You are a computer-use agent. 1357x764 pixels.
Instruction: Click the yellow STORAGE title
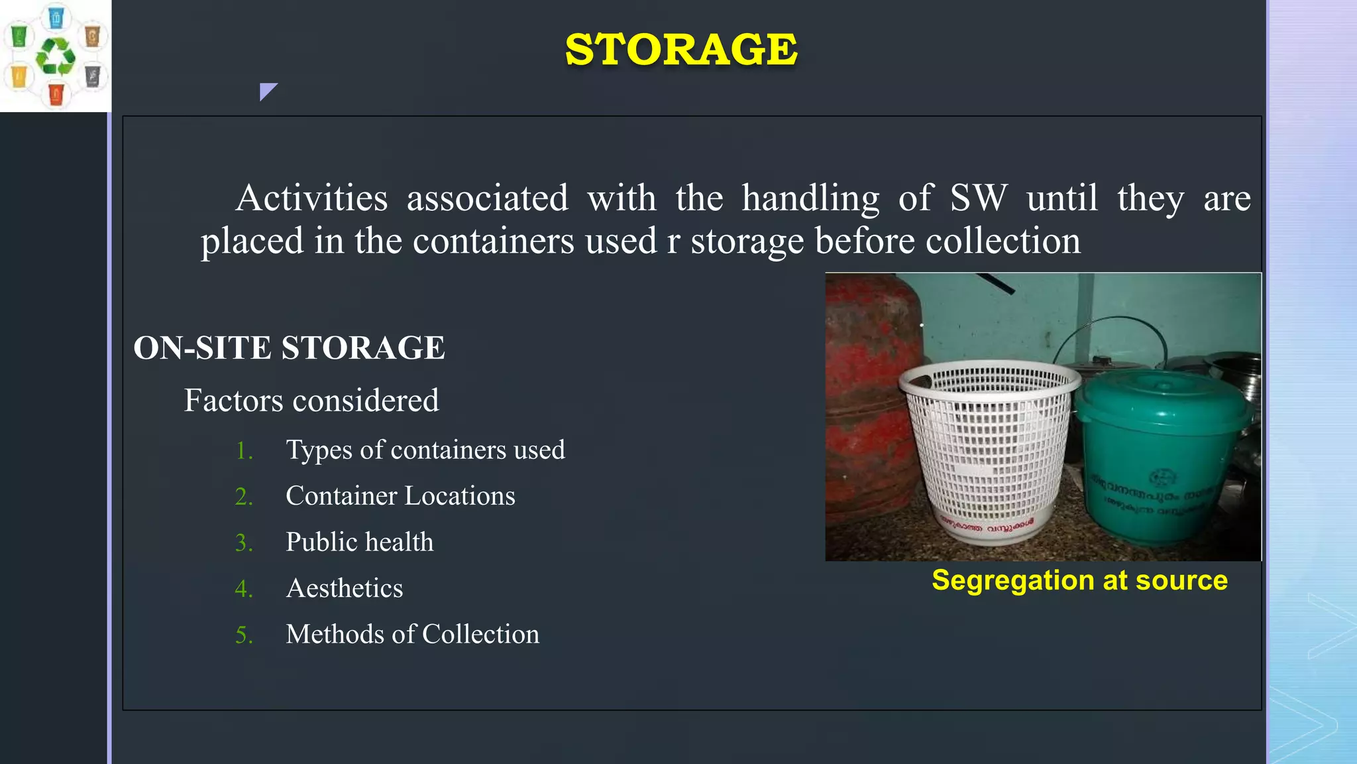pos(681,50)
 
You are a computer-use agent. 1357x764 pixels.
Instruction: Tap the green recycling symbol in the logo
pos(56,56)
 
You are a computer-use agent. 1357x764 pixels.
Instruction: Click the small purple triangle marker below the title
pos(266,90)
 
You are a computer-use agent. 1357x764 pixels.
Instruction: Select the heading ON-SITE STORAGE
pos(289,348)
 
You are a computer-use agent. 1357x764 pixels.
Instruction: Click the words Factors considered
pos(311,401)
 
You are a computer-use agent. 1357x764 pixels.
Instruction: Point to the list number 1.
pos(244,451)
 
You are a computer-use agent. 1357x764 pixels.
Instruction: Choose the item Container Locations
pos(400,496)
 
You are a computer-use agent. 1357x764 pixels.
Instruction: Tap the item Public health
pos(359,542)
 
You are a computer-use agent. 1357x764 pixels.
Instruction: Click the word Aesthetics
pos(345,588)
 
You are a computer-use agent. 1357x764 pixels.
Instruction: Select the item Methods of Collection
pos(412,635)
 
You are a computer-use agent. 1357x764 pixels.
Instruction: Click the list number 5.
pos(244,635)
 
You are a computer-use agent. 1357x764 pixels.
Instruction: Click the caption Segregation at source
pos(1079,580)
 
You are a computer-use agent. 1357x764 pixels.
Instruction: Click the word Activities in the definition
pos(311,198)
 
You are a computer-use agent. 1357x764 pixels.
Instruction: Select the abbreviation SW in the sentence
pos(978,198)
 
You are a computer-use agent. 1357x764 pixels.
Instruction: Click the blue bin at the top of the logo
pos(56,17)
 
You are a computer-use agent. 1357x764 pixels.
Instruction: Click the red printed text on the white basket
pos(987,525)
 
